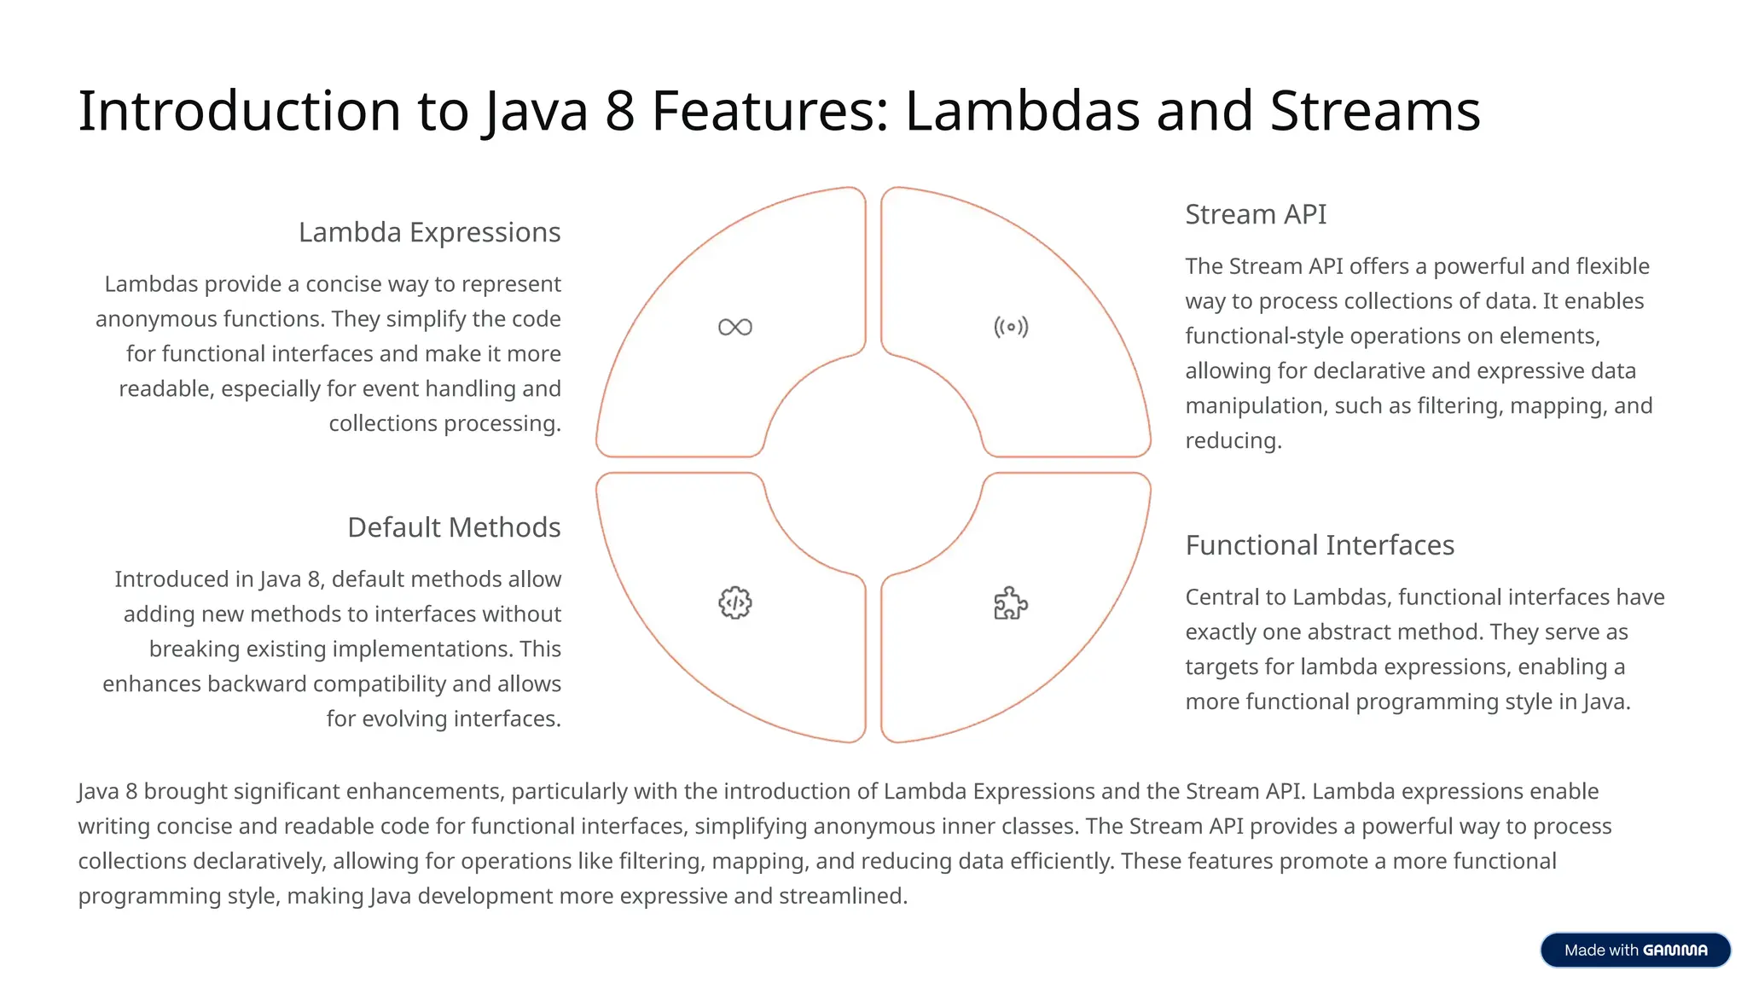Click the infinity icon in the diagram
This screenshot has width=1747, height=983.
[x=734, y=327]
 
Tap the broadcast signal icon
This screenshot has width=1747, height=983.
[x=1011, y=327]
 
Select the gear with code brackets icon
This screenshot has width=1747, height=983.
[x=734, y=603]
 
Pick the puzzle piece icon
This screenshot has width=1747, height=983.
[x=1011, y=603]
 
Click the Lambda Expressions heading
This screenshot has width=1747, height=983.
[x=429, y=232]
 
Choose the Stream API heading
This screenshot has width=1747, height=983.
[x=1256, y=214]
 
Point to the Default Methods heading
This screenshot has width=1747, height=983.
[x=454, y=527]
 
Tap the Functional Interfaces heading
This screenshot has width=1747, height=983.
[x=1320, y=545]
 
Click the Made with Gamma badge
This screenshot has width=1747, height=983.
[x=1635, y=950]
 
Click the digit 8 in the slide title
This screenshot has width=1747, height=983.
[x=620, y=111]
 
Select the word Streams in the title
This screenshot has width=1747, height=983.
[x=1374, y=111]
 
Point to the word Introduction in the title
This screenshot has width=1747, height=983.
[x=240, y=111]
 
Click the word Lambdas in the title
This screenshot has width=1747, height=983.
[x=1022, y=111]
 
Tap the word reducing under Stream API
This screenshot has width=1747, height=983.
[x=1233, y=441]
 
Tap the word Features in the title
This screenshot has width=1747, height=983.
[x=770, y=111]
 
